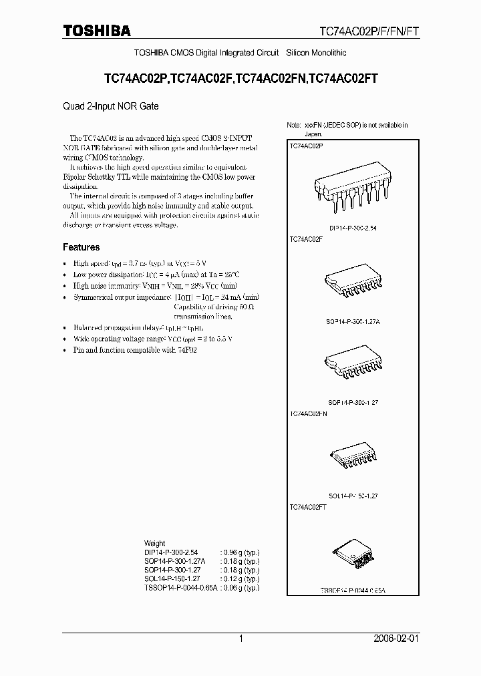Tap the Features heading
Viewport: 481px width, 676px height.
[x=81, y=247]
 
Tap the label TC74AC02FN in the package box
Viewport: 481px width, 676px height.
[x=308, y=414]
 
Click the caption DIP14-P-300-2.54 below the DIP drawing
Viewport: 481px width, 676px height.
[x=353, y=228]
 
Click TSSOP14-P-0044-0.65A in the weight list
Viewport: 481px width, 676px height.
[x=180, y=587]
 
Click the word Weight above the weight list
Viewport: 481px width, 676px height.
[x=154, y=543]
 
